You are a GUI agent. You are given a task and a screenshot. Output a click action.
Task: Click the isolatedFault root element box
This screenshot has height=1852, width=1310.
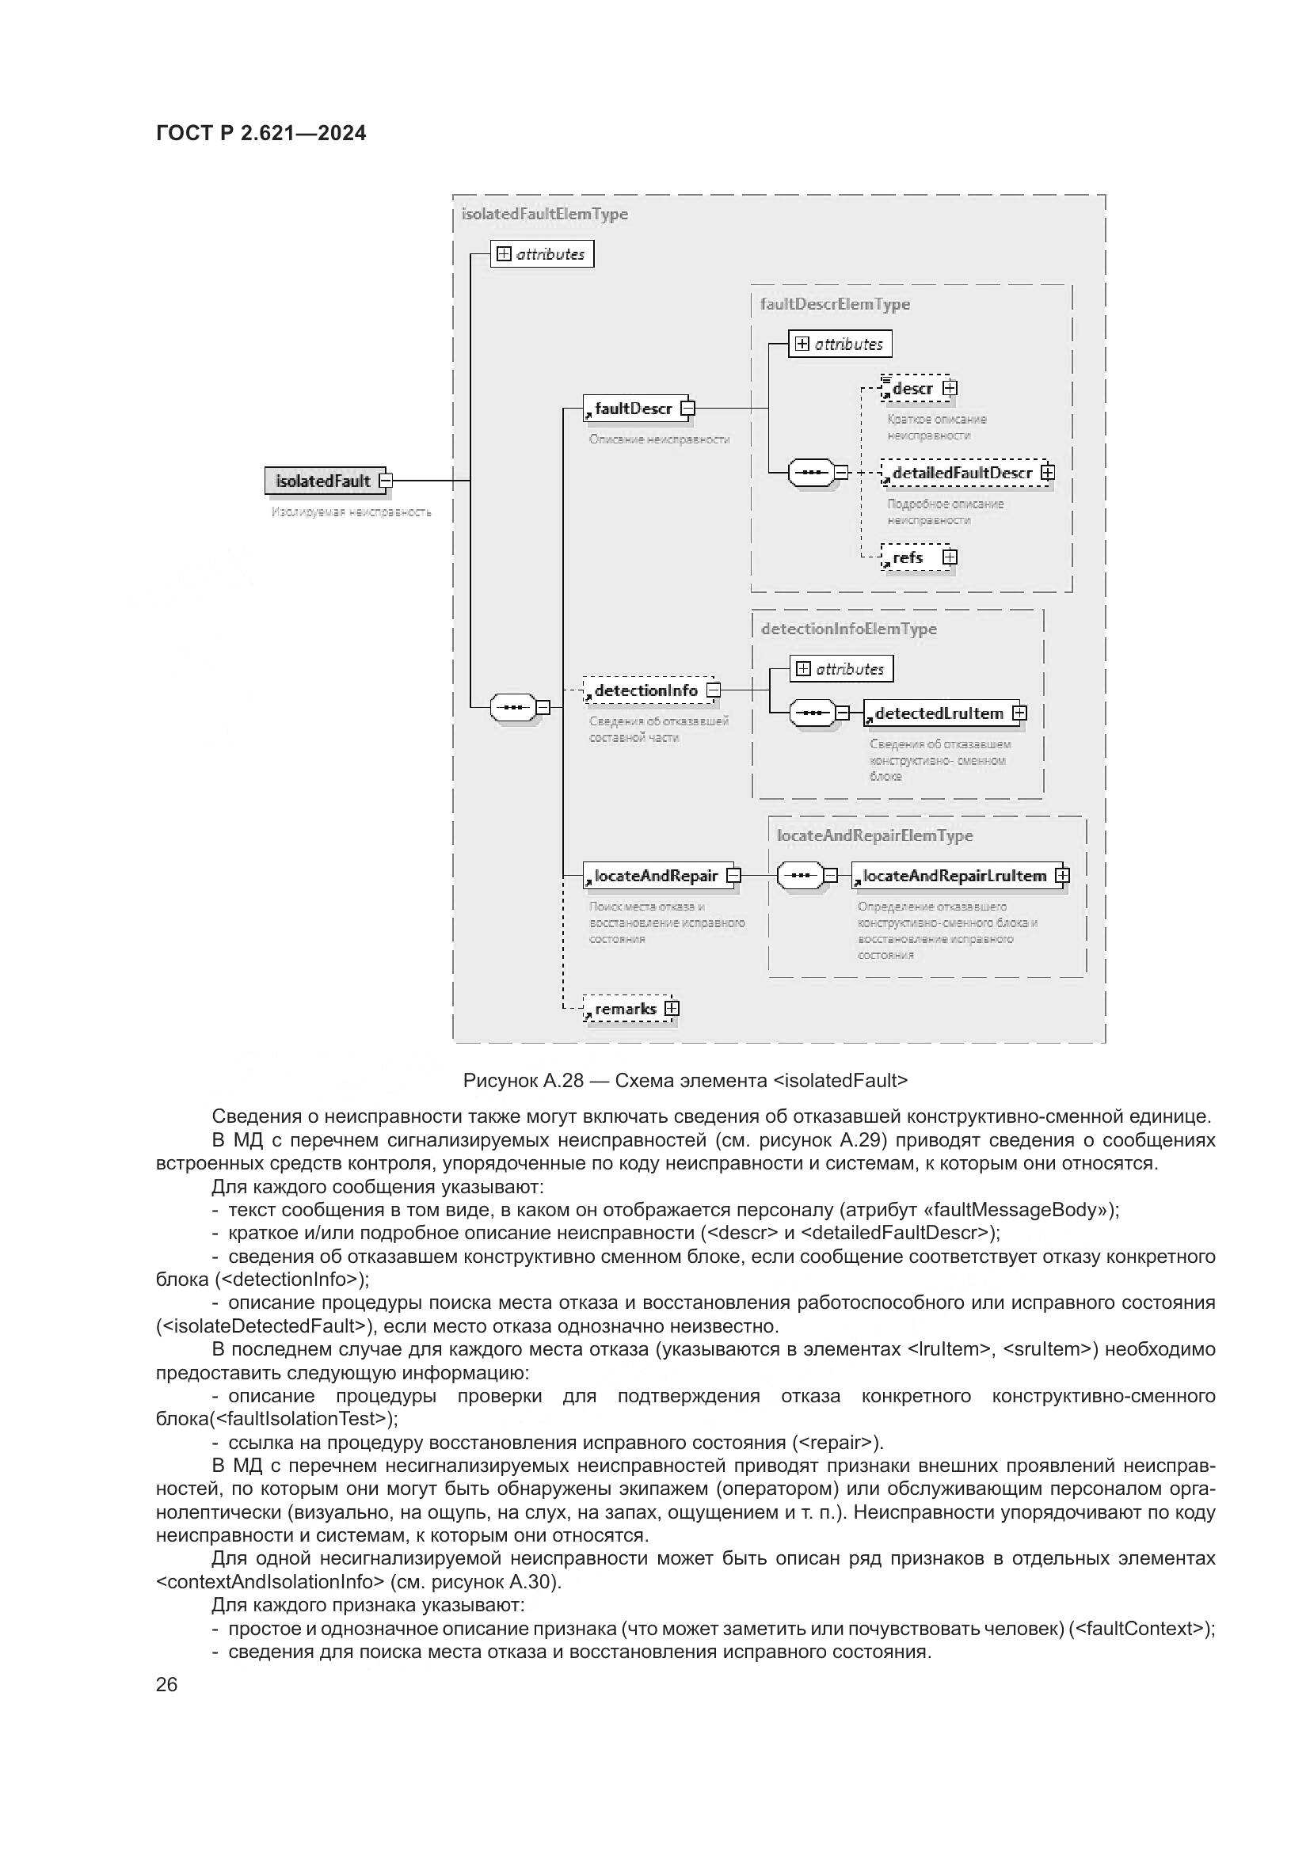[322, 481]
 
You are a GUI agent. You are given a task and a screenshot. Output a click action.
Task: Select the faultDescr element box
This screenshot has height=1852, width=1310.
[634, 408]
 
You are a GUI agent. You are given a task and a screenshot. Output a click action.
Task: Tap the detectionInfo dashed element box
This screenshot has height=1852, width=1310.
[645, 690]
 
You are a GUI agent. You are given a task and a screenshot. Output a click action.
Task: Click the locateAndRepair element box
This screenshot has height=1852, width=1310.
[655, 876]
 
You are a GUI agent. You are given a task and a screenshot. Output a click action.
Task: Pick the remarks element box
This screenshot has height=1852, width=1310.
[625, 1009]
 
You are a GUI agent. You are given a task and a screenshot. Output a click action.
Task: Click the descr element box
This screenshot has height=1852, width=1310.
[913, 389]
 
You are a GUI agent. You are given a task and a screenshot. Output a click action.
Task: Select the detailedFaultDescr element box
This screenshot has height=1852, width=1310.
[962, 473]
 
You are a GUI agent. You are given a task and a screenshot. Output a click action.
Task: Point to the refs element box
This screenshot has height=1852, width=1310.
[909, 557]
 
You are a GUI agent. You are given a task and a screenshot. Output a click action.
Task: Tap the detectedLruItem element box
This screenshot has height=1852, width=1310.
[939, 713]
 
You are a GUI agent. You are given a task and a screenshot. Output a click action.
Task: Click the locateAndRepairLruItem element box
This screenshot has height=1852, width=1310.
[954, 876]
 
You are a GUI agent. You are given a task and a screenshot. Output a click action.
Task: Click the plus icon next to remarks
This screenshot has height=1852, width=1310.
[672, 1009]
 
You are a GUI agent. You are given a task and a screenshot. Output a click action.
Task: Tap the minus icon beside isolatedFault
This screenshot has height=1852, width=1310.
[386, 481]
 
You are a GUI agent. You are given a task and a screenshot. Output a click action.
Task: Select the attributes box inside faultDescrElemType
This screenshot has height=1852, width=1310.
[840, 344]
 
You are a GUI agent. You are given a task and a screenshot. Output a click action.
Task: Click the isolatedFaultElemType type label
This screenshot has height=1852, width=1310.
[544, 214]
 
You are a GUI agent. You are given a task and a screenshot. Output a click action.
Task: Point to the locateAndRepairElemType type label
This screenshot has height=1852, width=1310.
[874, 835]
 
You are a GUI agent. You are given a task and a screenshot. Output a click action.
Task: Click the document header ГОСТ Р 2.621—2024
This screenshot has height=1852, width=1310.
[261, 134]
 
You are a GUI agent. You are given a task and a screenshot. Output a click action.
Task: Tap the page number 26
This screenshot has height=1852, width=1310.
[166, 1684]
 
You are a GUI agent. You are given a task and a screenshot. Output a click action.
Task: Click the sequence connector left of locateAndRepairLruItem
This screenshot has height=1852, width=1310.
[800, 875]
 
